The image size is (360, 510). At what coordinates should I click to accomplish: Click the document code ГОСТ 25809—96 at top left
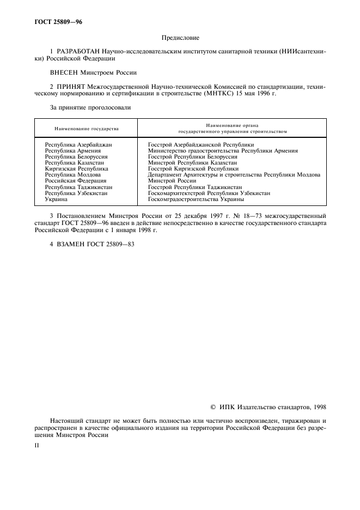pyautogui.click(x=59, y=22)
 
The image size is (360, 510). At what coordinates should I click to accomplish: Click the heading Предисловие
pyautogui.click(x=180, y=38)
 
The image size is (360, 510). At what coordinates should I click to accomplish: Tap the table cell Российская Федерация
pyautogui.click(x=75, y=181)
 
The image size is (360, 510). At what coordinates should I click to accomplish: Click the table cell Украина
pyautogui.click(x=56, y=199)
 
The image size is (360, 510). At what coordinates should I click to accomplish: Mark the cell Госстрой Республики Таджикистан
pyautogui.click(x=194, y=187)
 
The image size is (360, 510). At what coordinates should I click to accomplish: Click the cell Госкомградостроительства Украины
pyautogui.click(x=199, y=199)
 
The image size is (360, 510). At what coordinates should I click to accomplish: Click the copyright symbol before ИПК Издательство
pyautogui.click(x=213, y=406)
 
